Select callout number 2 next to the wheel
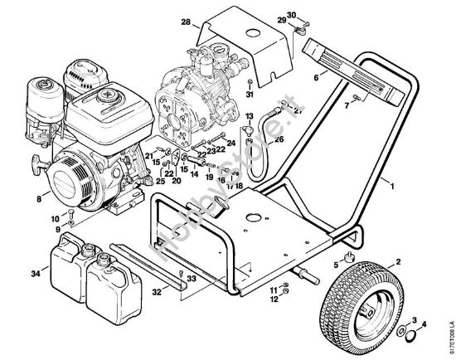(399, 263)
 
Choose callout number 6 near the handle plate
(316, 76)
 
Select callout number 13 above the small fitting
(249, 117)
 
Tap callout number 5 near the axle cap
(336, 266)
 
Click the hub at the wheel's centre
(366, 309)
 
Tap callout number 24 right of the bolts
(230, 143)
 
